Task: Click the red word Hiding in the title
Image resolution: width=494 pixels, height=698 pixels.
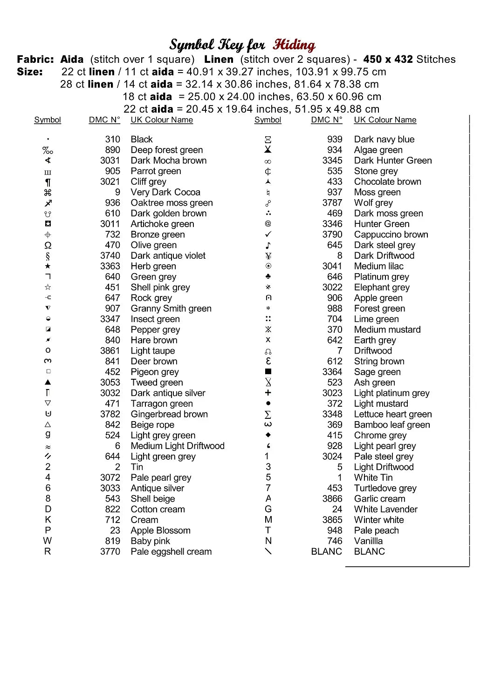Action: (294, 45)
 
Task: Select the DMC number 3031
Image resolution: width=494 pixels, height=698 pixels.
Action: (110, 161)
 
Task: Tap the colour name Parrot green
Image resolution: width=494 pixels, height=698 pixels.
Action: (156, 171)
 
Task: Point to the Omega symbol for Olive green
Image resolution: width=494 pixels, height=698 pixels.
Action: (48, 245)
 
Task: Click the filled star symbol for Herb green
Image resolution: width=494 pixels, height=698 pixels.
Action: (48, 266)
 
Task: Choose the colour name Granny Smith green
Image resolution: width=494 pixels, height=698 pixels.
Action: (171, 309)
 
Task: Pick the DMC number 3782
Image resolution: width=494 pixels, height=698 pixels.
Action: (110, 414)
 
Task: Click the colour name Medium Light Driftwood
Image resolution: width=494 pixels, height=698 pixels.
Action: (178, 446)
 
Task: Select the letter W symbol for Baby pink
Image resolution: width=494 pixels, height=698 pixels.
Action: (48, 541)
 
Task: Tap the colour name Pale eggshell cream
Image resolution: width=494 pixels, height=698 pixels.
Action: (171, 551)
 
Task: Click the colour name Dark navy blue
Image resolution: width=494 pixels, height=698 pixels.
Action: (384, 139)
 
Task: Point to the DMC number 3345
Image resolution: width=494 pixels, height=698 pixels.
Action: (332, 161)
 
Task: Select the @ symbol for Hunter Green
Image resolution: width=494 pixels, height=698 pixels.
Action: (268, 224)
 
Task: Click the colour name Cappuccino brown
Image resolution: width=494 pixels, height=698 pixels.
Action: (391, 235)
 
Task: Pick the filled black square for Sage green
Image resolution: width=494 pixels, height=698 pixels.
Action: (268, 372)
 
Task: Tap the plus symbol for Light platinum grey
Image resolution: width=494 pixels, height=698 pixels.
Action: (268, 393)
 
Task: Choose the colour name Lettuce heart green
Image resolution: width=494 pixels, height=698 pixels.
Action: (393, 414)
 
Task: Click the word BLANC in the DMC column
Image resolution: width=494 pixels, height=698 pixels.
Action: (326, 551)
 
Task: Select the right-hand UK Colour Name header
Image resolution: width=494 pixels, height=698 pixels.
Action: (385, 120)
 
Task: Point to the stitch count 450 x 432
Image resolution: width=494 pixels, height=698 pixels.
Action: (388, 60)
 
